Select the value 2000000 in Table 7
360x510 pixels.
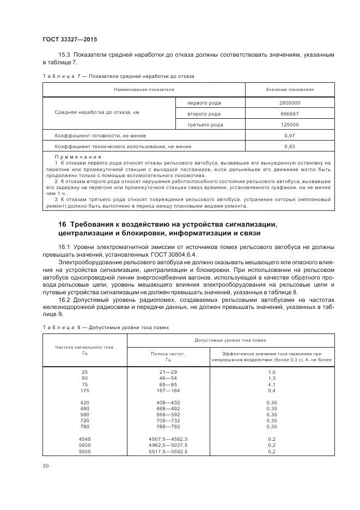pos(289,102)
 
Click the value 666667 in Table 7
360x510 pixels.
pos(289,114)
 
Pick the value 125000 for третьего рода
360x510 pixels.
pos(289,125)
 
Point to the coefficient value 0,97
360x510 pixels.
pos(289,135)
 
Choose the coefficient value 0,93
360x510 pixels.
pos(289,147)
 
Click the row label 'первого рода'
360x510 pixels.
pos(204,102)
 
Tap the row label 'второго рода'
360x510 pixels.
pos(204,114)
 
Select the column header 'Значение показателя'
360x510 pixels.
pos(289,89)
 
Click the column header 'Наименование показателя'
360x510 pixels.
pos(144,89)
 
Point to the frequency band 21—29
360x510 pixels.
pos(168,371)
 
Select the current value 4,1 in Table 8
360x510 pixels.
pos(272,384)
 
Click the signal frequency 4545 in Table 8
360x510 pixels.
pos(85,438)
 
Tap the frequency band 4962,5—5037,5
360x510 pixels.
pos(168,445)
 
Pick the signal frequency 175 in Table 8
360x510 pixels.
pos(84,391)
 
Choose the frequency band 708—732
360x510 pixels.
pos(168,421)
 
